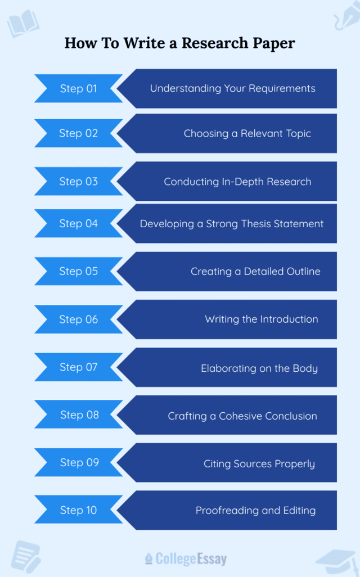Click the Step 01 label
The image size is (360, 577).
pyautogui.click(x=78, y=88)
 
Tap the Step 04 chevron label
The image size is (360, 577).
pyautogui.click(x=78, y=223)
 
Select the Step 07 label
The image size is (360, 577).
pyautogui.click(x=78, y=367)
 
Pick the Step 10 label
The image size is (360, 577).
pyautogui.click(x=78, y=510)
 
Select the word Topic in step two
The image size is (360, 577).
pyautogui.click(x=298, y=133)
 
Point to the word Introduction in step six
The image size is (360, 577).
pyautogui.click(x=289, y=319)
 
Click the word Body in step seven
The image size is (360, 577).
pyautogui.click(x=305, y=368)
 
